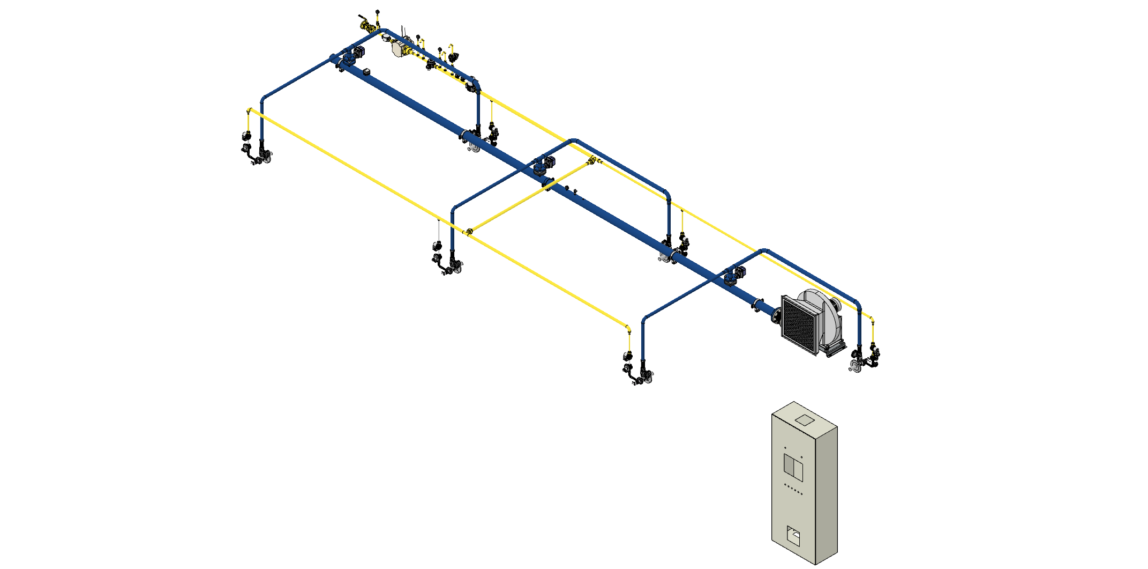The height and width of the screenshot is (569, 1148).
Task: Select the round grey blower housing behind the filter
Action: pyautogui.click(x=822, y=311)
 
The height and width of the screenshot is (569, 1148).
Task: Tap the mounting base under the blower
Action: pyautogui.click(x=834, y=350)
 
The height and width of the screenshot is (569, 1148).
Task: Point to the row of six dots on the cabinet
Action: pyautogui.click(x=793, y=490)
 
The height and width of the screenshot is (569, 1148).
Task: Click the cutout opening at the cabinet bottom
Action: pyautogui.click(x=793, y=536)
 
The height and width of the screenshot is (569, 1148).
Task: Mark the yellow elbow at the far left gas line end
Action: pyautogui.click(x=249, y=110)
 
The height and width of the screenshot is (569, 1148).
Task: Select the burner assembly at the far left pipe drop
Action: pyautogui.click(x=256, y=153)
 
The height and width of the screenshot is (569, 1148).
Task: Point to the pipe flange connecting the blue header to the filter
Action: pyautogui.click(x=775, y=316)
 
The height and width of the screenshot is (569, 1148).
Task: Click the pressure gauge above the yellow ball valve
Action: pyautogui.click(x=378, y=12)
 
